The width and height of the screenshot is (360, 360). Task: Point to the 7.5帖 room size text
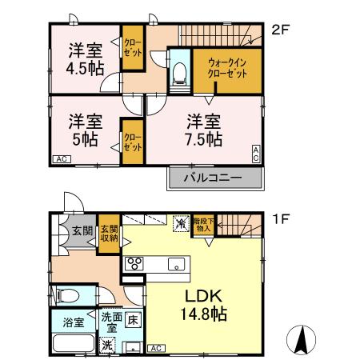point(204,140)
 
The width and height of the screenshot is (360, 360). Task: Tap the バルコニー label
point(216,177)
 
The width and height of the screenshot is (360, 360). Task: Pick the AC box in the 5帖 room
point(61,159)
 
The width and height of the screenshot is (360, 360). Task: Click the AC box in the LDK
point(155,348)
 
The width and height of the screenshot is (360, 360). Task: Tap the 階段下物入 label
point(203,225)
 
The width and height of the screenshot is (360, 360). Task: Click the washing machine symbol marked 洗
point(107,345)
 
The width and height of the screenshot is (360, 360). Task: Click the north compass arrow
point(302,341)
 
